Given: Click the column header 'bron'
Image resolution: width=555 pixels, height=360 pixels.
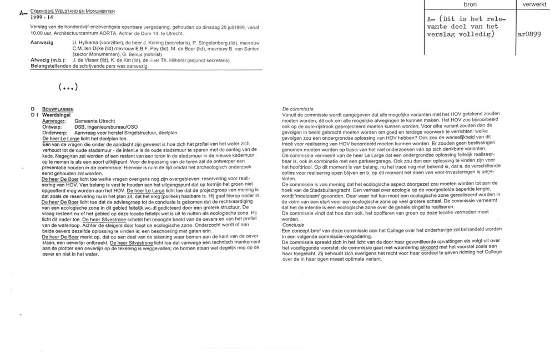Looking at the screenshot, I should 469,4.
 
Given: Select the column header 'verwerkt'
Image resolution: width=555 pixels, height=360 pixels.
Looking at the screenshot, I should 534,4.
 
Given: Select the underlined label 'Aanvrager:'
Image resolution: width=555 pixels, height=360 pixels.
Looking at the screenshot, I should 54,121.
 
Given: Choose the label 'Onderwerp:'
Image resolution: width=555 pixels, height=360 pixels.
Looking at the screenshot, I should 56,133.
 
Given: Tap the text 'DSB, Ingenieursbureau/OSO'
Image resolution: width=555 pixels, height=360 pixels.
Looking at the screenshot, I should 106,127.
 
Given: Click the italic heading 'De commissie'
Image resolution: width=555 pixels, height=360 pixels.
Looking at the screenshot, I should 299,109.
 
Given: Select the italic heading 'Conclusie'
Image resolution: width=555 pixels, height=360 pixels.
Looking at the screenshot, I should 294,225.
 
